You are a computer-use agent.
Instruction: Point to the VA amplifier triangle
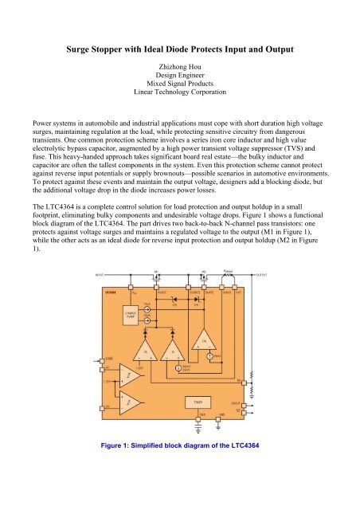[x=145, y=355]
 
